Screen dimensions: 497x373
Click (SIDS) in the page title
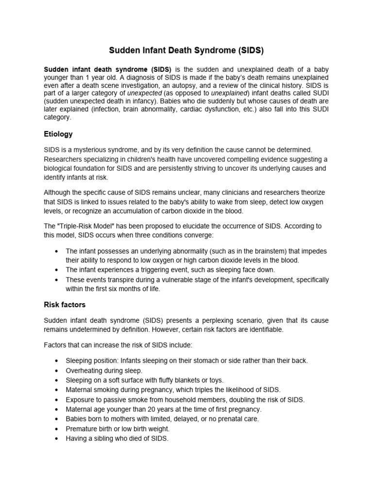[248, 50]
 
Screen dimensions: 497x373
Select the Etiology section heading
[58, 134]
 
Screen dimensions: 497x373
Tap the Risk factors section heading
[65, 305]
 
